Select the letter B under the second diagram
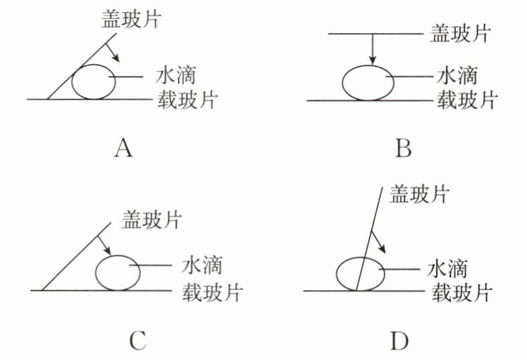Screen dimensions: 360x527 click(404, 150)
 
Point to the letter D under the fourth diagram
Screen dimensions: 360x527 click(399, 341)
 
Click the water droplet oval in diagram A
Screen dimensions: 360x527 click(94, 82)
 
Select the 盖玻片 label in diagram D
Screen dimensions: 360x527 click(419, 194)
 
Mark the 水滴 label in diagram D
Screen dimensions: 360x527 click(449, 269)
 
